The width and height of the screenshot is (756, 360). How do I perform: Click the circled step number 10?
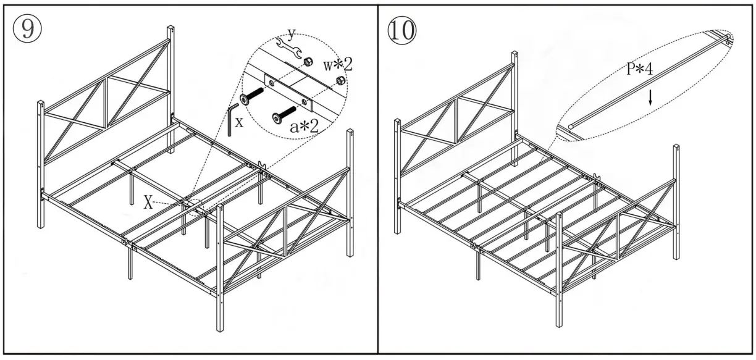click(x=402, y=29)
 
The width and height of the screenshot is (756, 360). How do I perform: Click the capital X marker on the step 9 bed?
click(x=148, y=204)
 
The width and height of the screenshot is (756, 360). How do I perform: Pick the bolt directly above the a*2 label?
click(x=283, y=114)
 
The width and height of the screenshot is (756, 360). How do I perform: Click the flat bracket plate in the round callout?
click(x=288, y=90)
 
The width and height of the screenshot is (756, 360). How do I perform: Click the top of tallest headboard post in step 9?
click(x=170, y=28)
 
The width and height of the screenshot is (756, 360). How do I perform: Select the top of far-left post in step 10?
click(x=398, y=122)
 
